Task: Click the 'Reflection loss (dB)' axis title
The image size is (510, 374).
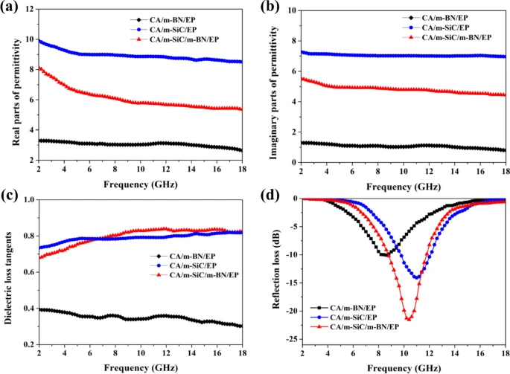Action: click(x=265, y=272)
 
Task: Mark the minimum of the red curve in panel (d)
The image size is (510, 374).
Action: click(x=408, y=319)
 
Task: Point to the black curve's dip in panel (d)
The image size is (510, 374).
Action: click(x=384, y=254)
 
